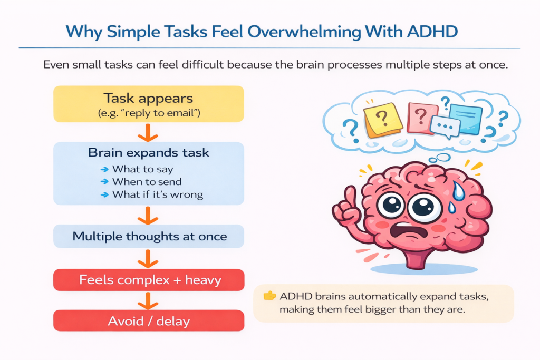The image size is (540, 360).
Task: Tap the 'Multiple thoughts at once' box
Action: (x=148, y=236)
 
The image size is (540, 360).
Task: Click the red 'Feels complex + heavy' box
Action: (x=148, y=279)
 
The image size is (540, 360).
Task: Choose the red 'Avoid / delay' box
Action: (x=148, y=320)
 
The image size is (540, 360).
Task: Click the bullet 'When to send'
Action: (x=147, y=182)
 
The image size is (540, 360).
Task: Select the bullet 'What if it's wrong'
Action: (x=157, y=194)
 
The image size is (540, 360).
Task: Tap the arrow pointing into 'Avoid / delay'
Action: (x=148, y=300)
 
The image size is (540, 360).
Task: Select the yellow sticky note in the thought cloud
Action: (x=384, y=119)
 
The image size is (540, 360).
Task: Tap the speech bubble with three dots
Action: (x=445, y=127)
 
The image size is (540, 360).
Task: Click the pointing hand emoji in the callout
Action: (x=269, y=296)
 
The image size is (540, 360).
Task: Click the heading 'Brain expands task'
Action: (x=148, y=153)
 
